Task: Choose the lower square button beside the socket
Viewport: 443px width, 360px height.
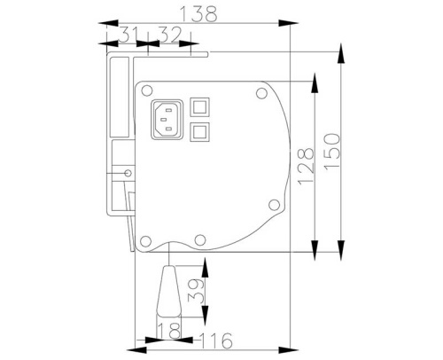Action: click(x=200, y=132)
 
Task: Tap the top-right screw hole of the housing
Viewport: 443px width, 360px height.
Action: click(x=260, y=92)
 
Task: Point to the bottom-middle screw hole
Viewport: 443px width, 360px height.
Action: click(x=200, y=239)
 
